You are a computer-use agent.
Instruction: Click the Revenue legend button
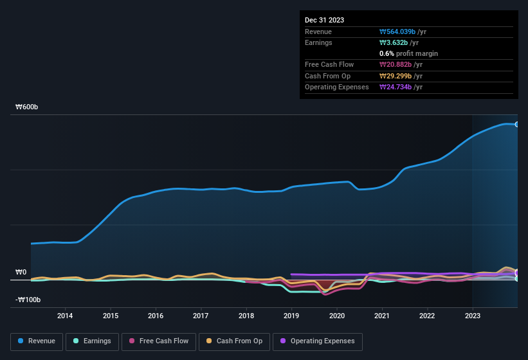coord(37,341)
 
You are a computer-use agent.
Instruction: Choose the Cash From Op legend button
coord(234,341)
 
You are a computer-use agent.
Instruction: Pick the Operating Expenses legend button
coord(318,341)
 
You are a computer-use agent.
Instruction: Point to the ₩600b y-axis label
coord(27,107)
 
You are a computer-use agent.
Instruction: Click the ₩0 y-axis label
coord(21,273)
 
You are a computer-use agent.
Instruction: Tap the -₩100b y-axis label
coord(28,300)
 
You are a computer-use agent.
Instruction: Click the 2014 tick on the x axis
coord(64,316)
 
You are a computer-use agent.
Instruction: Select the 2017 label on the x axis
coord(201,316)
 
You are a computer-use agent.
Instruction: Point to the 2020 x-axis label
coord(336,316)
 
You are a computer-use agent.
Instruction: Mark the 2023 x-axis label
coord(473,316)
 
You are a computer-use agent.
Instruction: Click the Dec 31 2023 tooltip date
coord(324,20)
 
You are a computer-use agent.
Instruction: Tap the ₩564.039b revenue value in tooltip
coord(403,32)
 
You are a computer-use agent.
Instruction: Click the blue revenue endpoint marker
coord(517,125)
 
